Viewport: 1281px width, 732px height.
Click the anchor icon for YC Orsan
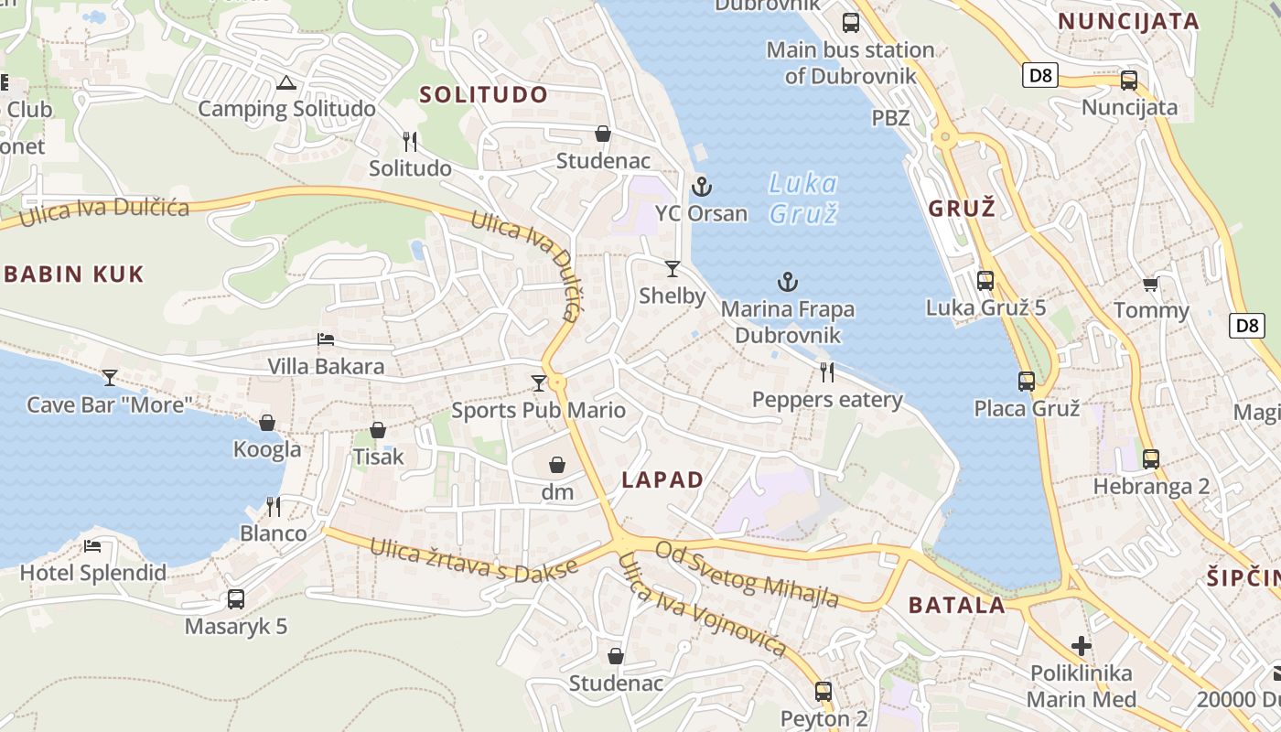tap(702, 187)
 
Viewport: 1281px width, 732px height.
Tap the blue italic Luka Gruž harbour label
tap(802, 199)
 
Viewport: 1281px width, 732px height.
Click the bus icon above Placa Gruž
tap(1027, 381)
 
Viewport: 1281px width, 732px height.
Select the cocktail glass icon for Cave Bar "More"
tap(110, 377)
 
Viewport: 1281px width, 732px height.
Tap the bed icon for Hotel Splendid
tap(92, 546)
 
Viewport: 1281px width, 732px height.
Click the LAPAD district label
tap(662, 479)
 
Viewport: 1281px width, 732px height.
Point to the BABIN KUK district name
tap(74, 274)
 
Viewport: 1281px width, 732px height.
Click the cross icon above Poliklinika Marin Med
tap(1082, 646)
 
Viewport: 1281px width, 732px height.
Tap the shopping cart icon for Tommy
tap(1151, 285)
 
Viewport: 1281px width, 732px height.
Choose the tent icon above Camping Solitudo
tap(286, 83)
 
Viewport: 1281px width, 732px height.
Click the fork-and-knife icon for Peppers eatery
tap(827, 371)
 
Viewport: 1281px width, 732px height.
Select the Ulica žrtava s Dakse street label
tap(474, 559)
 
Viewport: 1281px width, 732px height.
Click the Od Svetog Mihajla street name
tap(748, 575)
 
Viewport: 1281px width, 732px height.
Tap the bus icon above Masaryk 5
tap(236, 599)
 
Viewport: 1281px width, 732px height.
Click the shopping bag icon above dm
tap(557, 465)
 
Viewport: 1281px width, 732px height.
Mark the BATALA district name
tap(956, 605)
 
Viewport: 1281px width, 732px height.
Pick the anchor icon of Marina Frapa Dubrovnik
tap(788, 282)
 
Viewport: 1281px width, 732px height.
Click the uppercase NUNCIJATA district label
tap(1128, 21)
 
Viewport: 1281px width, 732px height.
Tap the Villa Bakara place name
tap(326, 367)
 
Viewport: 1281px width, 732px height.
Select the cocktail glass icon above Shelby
tap(673, 268)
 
